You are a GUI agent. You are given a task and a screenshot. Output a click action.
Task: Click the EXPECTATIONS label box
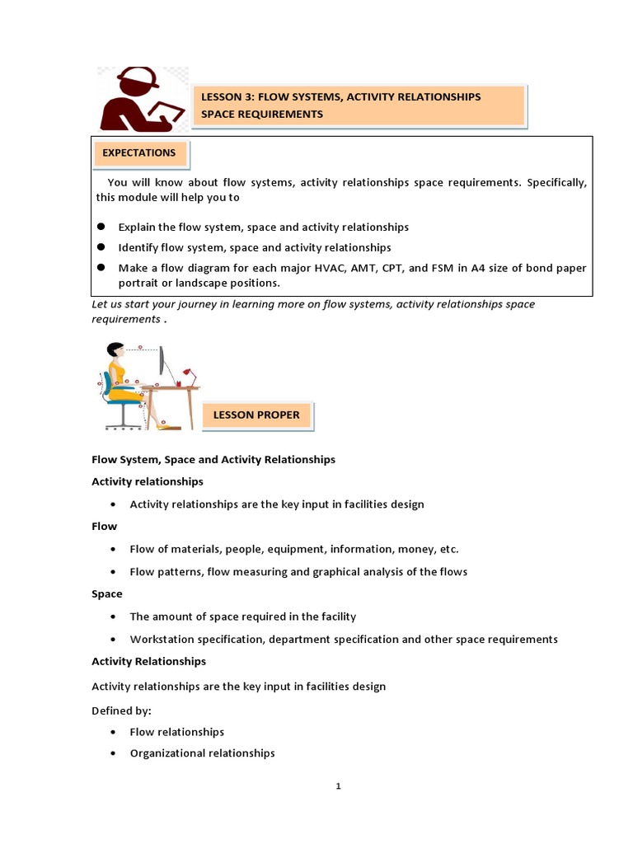(139, 153)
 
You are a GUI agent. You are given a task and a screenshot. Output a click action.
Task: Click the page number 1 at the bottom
(338, 786)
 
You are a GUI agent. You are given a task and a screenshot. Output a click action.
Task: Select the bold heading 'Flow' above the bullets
(104, 526)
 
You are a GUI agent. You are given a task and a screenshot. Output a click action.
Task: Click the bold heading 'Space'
(106, 593)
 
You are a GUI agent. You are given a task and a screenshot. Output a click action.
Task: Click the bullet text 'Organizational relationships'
(202, 753)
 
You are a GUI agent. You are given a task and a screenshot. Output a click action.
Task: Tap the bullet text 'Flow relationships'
(176, 731)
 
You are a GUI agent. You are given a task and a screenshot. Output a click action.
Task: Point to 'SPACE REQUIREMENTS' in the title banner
(262, 115)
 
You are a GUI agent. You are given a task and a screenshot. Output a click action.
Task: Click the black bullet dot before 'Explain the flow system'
(101, 226)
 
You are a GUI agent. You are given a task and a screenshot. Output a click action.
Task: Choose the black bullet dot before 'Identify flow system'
(101, 246)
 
